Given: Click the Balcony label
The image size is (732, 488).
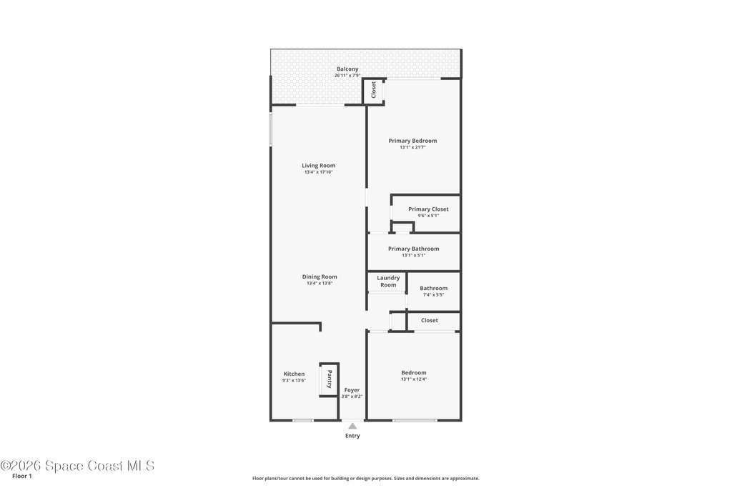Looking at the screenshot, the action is [347, 69].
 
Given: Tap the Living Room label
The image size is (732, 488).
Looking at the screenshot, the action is [318, 166].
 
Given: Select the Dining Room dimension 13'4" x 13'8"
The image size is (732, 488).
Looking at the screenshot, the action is [320, 283].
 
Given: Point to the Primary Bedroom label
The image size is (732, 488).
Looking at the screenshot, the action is [412, 141].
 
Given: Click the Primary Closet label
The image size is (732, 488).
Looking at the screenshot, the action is [428, 209].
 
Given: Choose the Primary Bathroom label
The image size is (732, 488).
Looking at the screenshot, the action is [414, 249].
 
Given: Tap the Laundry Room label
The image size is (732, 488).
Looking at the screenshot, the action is [388, 282].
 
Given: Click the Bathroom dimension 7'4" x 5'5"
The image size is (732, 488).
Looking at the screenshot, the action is [433, 295].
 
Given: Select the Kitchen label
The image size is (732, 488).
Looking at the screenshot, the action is [294, 374].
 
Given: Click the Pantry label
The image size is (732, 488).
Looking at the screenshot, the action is [329, 379].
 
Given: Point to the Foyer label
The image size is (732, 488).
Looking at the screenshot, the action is [352, 390].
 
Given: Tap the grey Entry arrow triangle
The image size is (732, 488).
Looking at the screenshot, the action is [352, 426].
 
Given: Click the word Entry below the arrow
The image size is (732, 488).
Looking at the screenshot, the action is [352, 436].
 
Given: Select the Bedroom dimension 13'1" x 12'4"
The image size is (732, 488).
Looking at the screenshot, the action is [414, 379].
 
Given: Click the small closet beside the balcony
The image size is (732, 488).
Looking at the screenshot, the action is [373, 91].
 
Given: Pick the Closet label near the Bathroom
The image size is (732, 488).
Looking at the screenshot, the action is [430, 321].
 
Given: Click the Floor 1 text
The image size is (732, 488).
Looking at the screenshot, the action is [22, 477].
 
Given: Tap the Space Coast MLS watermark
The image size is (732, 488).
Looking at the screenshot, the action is [77, 466].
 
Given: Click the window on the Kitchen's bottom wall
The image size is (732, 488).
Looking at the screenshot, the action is [302, 420].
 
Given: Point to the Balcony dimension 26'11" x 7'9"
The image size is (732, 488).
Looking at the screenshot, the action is [347, 76].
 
